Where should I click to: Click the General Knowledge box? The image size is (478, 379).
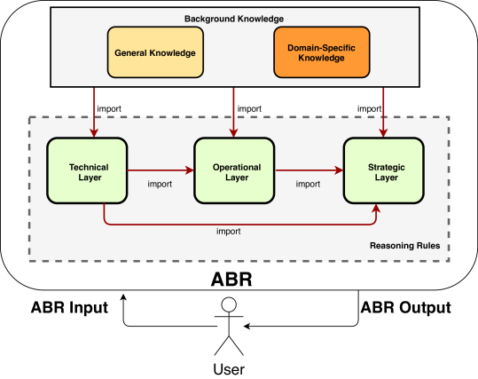pos(155,52)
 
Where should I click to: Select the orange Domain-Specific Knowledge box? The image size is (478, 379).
pos(322,52)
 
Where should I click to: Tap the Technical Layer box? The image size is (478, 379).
pos(87,170)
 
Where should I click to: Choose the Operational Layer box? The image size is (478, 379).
pos(234,170)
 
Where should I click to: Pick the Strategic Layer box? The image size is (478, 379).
pos(384,170)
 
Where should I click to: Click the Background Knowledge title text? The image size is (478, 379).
pos(234,19)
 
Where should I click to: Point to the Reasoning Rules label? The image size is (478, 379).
pos(404,246)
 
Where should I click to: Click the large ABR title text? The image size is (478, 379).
pos(231,279)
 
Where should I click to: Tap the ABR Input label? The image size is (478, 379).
pos(69,307)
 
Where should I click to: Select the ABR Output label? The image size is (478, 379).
pos(406,307)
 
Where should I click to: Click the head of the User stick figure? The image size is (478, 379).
pos(229,304)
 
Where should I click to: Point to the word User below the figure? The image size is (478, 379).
pos(229,369)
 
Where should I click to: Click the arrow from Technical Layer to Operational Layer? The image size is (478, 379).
pos(161,170)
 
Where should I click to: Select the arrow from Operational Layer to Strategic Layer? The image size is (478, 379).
pos(310,170)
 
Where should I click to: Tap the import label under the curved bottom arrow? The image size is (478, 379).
pos(229,232)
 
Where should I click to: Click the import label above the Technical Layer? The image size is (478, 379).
pos(109,108)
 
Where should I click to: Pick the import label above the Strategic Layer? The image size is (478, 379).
pos(369,108)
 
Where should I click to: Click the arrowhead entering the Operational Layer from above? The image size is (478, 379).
pos(233,133)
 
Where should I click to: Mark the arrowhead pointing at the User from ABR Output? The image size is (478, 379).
pos(247,327)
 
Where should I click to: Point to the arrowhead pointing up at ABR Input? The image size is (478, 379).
pos(123,297)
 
